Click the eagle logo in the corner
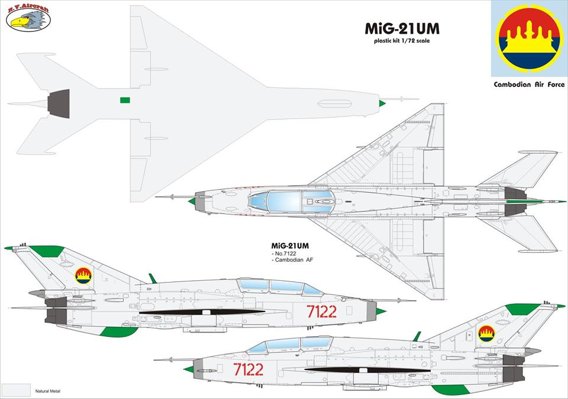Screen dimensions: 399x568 28,19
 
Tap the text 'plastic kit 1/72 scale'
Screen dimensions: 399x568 401,42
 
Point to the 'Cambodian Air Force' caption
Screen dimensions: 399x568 529,85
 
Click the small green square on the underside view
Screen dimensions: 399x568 124,100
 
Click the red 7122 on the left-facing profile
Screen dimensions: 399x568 321,312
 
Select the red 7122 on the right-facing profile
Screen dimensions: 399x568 248,369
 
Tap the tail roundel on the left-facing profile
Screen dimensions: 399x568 83,275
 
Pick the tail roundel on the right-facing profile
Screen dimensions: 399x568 486,333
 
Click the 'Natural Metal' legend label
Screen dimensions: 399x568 48,391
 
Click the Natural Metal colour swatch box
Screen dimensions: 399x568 16,390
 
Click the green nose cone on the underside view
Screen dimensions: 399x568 382,103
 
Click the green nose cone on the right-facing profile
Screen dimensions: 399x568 189,369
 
